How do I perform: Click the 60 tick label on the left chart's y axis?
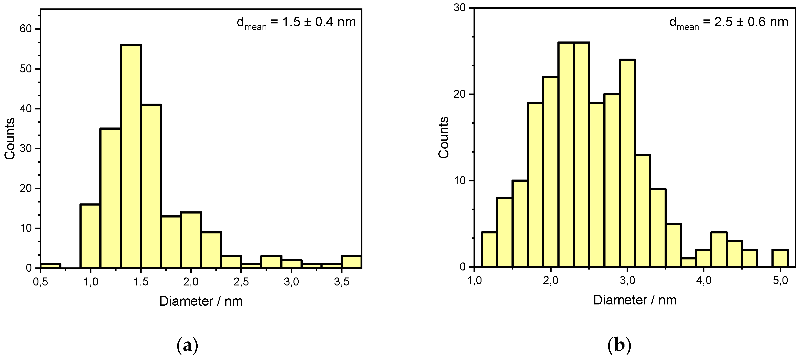(x=26, y=29)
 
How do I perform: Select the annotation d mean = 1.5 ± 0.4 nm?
(x=296, y=22)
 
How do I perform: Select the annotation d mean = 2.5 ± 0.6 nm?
(x=729, y=22)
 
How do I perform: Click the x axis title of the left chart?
(x=201, y=301)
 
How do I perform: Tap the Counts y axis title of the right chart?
(x=444, y=137)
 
